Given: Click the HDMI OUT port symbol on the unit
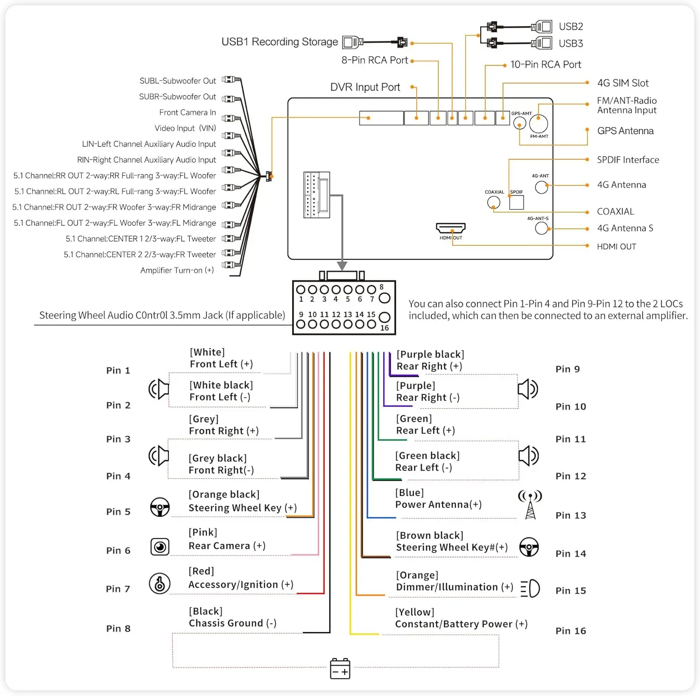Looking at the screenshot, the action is (450, 227).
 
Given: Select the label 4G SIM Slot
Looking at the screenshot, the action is (623, 83).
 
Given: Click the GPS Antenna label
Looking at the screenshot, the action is (625, 131).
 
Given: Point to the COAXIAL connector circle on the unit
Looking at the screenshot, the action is (494, 202).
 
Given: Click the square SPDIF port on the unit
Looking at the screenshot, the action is (517, 202).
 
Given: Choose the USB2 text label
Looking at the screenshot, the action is (571, 27).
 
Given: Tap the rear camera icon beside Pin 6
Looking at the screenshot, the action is (160, 547).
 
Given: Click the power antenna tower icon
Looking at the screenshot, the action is (530, 504).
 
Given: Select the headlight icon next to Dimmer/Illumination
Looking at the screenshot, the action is (530, 589).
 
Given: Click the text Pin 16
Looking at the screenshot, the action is (571, 631).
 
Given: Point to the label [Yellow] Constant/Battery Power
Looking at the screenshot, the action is (461, 618).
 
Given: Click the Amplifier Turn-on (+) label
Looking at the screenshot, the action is (177, 270).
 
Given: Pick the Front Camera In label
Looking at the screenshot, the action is (188, 113).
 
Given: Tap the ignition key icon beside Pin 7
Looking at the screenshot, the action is (160, 583).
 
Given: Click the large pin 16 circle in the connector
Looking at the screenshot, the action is (385, 317).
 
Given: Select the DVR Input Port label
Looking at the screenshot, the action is (365, 87).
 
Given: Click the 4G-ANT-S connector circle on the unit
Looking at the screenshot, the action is (541, 228).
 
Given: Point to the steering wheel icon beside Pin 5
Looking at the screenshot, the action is (160, 507).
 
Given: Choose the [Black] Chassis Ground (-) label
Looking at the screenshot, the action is (233, 618).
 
